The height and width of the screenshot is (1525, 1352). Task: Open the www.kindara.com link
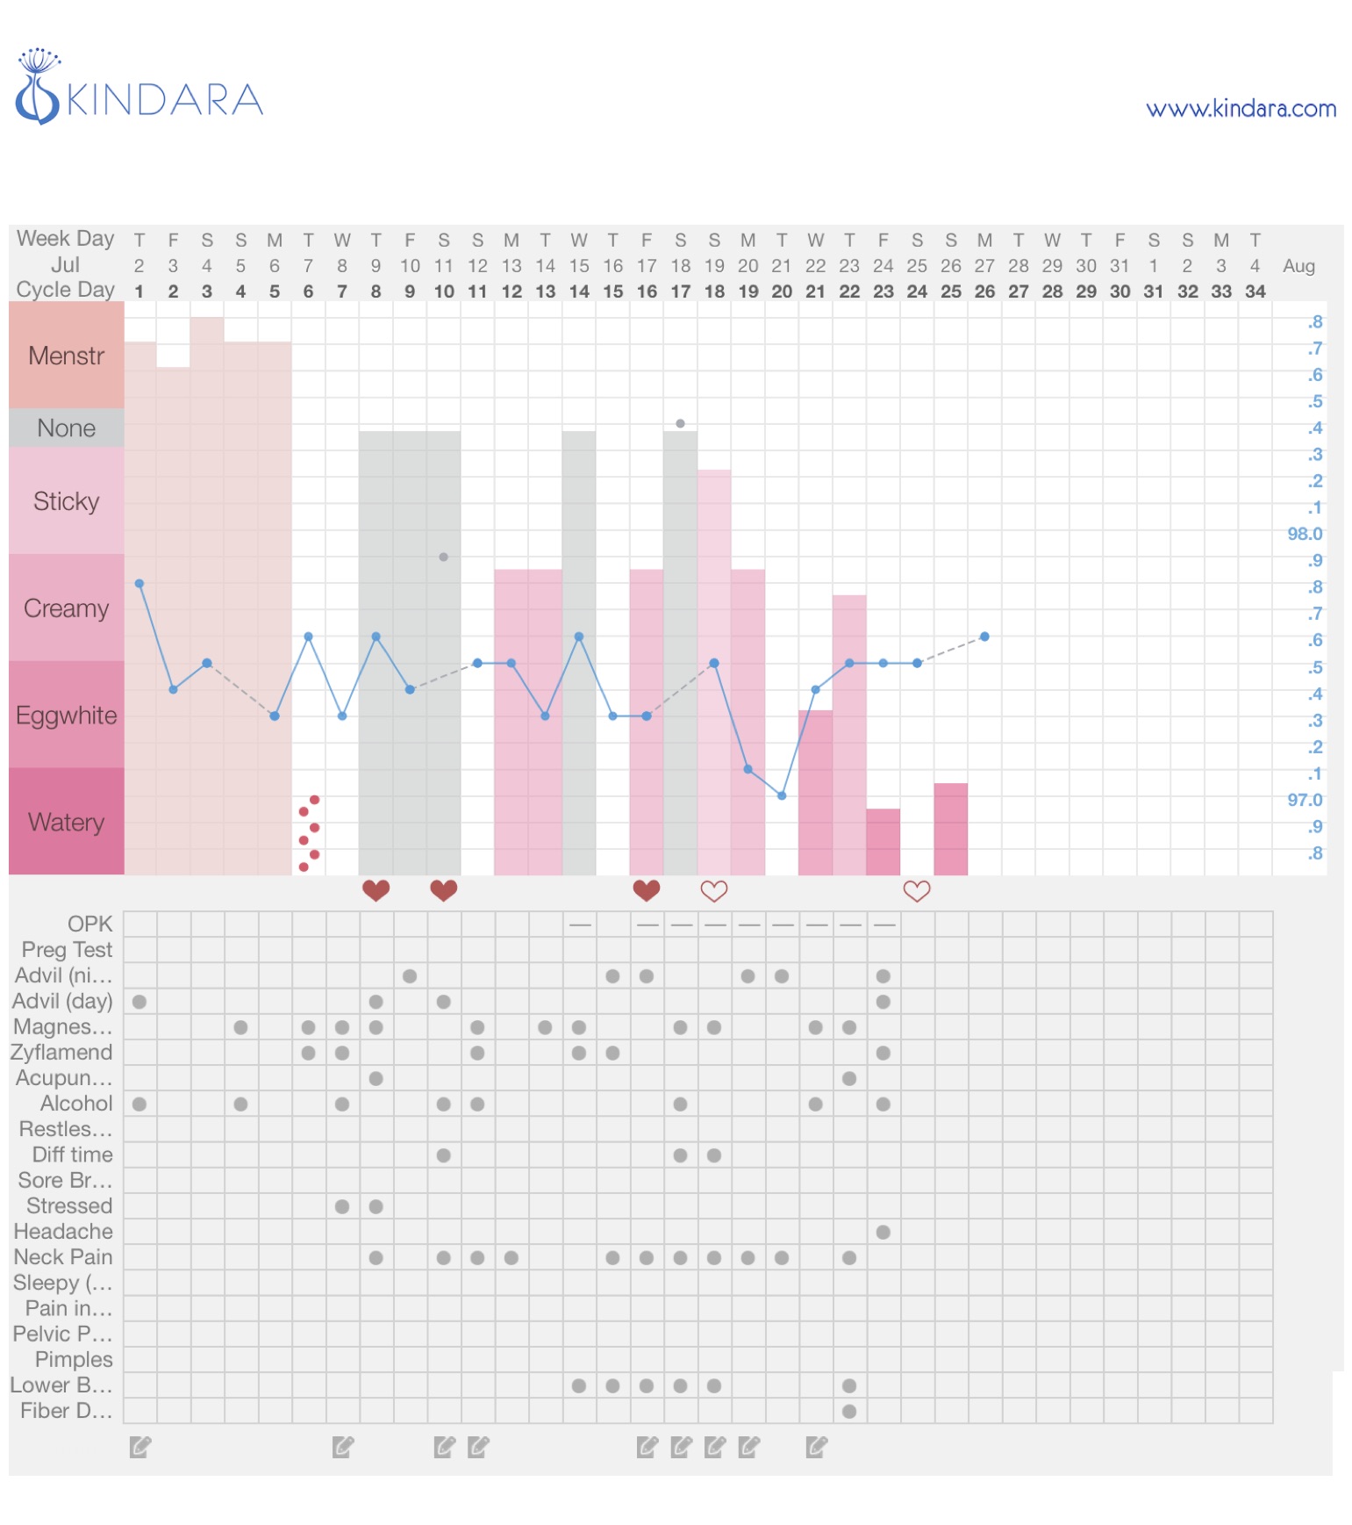tap(1241, 109)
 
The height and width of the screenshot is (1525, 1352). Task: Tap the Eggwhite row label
tap(67, 716)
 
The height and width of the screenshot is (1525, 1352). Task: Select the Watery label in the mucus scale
tap(67, 823)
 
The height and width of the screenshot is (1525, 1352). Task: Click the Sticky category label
tap(67, 501)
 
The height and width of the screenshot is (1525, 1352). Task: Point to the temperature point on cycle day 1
tap(139, 584)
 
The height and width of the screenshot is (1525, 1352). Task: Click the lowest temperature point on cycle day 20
tap(782, 795)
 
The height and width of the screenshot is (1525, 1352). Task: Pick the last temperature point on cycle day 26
tap(984, 637)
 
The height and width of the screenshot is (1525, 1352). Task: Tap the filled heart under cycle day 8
tap(376, 890)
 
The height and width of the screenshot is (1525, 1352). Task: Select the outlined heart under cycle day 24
tap(917, 891)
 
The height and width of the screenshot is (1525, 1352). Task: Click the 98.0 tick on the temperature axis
tap(1304, 534)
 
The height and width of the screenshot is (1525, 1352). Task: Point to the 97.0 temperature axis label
tap(1304, 800)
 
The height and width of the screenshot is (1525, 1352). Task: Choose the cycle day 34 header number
tap(1255, 291)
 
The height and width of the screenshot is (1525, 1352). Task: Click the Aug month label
tap(1298, 266)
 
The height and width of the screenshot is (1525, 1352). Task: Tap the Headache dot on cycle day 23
tap(883, 1232)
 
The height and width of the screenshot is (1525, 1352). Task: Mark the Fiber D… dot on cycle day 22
tap(849, 1411)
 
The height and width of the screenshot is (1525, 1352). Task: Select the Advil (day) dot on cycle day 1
tap(139, 1002)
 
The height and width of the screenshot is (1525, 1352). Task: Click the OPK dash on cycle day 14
tap(579, 924)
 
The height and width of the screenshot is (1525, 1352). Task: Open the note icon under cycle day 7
tap(343, 1447)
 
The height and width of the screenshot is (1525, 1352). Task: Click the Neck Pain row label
tap(63, 1257)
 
